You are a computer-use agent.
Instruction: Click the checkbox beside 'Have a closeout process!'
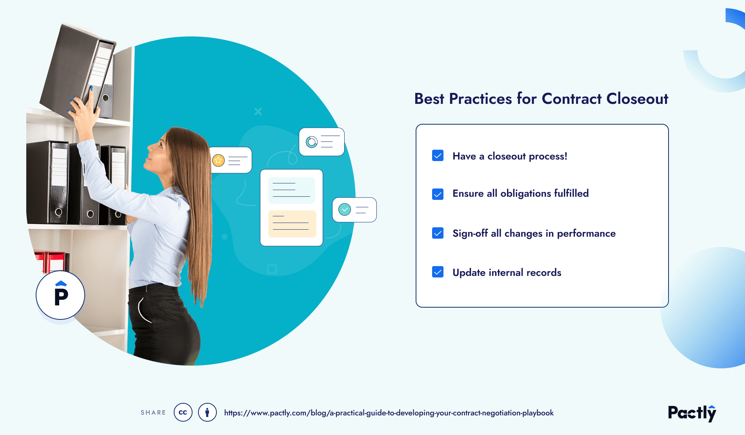click(438, 156)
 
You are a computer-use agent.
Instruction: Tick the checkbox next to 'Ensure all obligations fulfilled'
click(438, 194)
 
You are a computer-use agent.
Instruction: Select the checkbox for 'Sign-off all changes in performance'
click(438, 233)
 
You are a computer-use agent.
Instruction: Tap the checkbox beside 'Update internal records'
click(438, 272)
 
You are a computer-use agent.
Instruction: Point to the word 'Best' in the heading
click(429, 99)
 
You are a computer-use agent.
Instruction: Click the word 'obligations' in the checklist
click(525, 194)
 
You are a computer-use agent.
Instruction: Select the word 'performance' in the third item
click(586, 234)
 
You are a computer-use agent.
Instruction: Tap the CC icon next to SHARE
click(183, 412)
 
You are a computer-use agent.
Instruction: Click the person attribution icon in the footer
click(207, 412)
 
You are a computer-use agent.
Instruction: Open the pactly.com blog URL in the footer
click(389, 413)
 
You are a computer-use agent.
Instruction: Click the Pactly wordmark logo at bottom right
click(692, 413)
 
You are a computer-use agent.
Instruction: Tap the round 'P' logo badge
click(60, 295)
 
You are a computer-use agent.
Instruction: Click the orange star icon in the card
click(218, 160)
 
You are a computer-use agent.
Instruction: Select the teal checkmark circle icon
click(344, 209)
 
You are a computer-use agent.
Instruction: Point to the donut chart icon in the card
click(312, 141)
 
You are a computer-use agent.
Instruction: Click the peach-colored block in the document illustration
click(292, 224)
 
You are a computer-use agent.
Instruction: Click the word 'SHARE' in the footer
click(153, 413)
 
